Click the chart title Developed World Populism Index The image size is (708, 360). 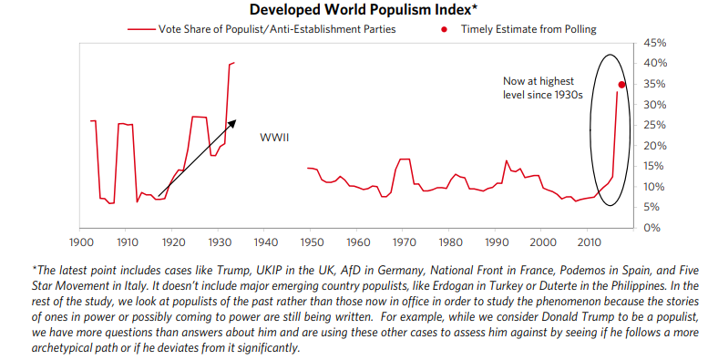click(x=363, y=9)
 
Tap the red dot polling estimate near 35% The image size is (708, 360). click(x=621, y=85)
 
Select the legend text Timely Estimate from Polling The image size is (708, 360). click(x=528, y=29)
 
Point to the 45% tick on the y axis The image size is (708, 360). click(x=656, y=43)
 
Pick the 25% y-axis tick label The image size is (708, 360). click(x=656, y=125)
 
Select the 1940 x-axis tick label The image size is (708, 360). click(x=266, y=242)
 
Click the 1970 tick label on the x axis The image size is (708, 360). click(x=405, y=242)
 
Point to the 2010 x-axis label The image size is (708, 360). click(x=590, y=242)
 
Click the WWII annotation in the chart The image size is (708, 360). click(x=274, y=137)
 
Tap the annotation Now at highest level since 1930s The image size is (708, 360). click(x=543, y=87)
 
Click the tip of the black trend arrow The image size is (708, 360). click(x=236, y=120)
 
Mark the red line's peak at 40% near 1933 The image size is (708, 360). click(x=233, y=63)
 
